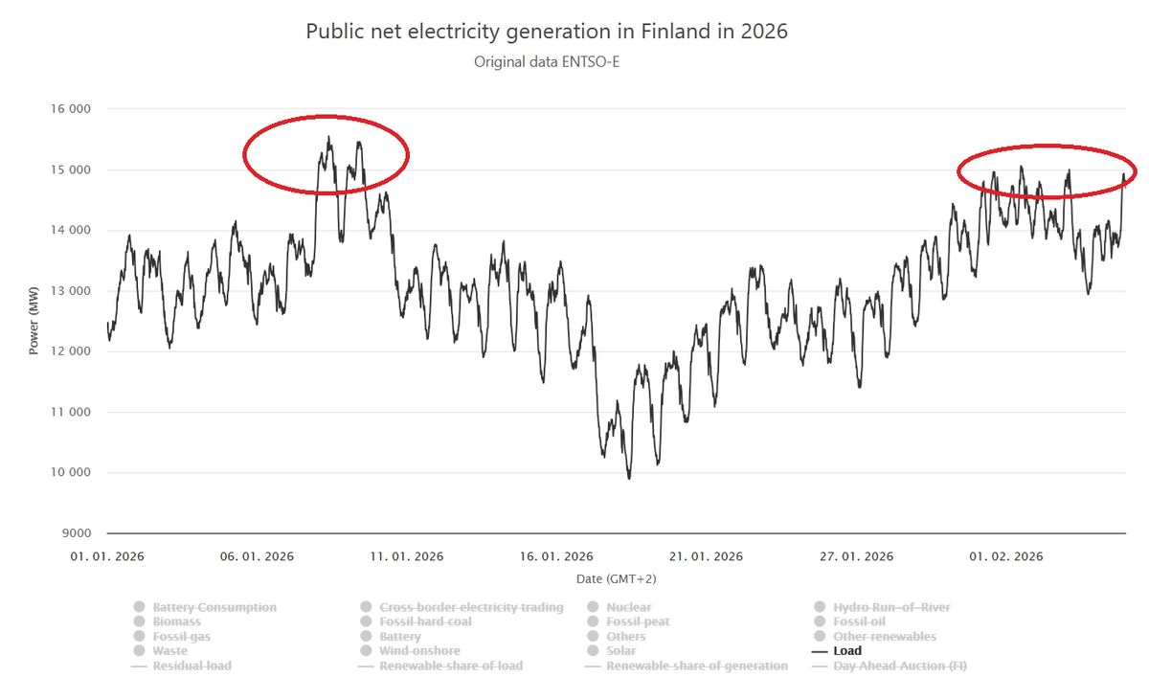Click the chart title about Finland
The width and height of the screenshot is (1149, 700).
click(546, 31)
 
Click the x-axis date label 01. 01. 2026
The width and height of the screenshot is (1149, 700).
click(107, 556)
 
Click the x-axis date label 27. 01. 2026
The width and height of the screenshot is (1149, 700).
click(857, 556)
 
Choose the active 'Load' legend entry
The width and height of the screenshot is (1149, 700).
click(847, 651)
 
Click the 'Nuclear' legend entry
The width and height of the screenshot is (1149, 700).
click(628, 608)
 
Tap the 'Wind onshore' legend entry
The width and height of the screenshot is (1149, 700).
click(418, 651)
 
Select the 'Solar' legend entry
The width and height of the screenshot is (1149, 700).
click(623, 651)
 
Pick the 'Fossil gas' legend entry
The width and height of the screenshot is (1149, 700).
click(181, 637)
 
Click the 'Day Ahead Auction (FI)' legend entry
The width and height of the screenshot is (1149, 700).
click(900, 666)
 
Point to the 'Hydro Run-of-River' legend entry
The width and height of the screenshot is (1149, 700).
click(891, 608)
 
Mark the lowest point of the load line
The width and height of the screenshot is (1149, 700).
click(629, 478)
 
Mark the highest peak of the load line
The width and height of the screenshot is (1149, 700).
click(328, 137)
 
